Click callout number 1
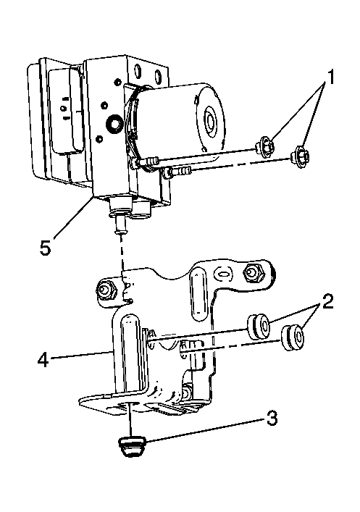click(x=331, y=77)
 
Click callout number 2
click(x=327, y=301)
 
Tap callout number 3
click(x=272, y=419)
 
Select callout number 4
click(x=43, y=360)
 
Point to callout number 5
click(x=46, y=248)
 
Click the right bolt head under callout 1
click(x=301, y=157)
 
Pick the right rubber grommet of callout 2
click(x=293, y=338)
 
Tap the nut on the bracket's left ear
click(x=106, y=289)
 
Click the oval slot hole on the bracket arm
click(x=224, y=274)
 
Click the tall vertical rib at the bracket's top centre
click(x=199, y=294)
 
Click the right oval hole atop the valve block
click(x=158, y=77)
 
